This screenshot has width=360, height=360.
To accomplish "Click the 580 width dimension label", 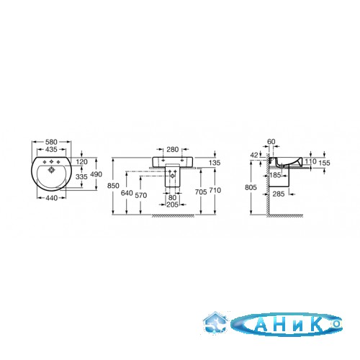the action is pos(51,142).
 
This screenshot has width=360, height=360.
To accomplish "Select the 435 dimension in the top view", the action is pos(51,150).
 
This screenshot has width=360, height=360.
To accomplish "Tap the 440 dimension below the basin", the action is pos(51,198).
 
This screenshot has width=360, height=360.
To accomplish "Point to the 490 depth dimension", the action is pos(96,174).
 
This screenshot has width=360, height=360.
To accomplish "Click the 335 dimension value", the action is pos(81,177).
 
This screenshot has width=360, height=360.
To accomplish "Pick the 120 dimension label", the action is pos(82,162).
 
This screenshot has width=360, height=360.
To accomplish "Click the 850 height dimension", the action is pos(113,186).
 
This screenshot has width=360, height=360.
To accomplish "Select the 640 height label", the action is pos(127,193).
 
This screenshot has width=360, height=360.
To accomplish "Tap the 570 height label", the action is pos(141,196).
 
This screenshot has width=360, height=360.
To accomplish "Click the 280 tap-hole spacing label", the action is pos(173,150).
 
